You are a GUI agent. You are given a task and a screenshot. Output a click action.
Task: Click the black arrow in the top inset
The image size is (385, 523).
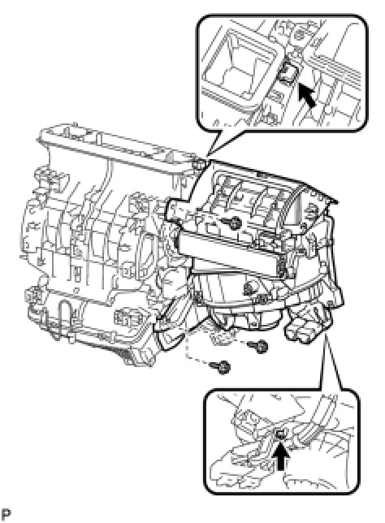point(307,95)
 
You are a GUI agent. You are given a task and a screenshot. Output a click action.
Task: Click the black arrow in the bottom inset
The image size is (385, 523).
point(282,457)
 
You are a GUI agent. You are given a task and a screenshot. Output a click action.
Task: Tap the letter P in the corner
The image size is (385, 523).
point(6,513)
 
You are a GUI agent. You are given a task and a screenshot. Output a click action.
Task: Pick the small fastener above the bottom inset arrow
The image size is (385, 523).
point(280,434)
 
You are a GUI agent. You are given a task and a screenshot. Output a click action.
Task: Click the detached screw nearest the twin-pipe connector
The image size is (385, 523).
point(259,347)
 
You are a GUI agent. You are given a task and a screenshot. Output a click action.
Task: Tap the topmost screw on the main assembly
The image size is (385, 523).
point(232,221)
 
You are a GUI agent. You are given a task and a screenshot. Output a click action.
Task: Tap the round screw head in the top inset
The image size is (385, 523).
point(299,34)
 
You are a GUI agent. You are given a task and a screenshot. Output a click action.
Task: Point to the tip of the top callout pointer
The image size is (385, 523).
point(207,157)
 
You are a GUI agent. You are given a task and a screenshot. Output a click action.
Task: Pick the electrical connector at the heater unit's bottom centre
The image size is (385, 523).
point(126,319)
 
